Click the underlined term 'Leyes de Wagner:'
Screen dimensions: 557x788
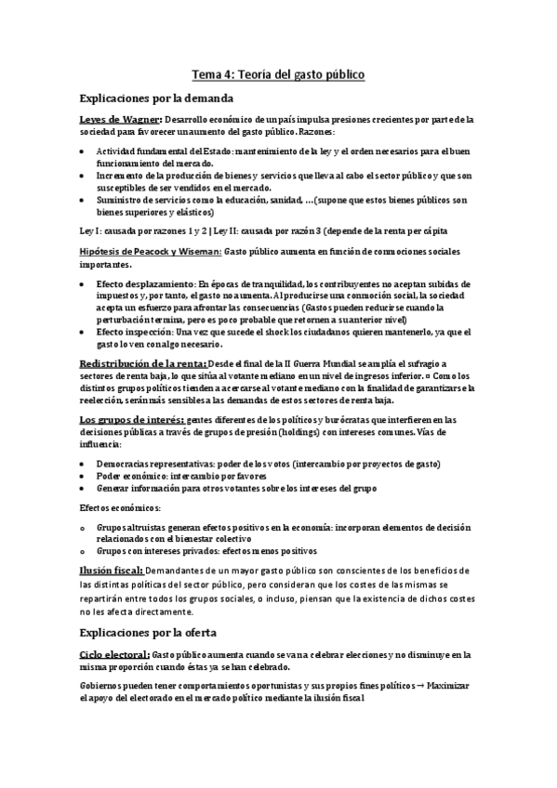click(x=121, y=119)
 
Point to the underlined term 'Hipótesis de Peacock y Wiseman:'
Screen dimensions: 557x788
click(x=151, y=252)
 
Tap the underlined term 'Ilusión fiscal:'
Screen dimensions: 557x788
click(x=113, y=569)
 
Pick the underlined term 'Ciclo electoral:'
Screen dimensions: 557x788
click(x=114, y=655)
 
